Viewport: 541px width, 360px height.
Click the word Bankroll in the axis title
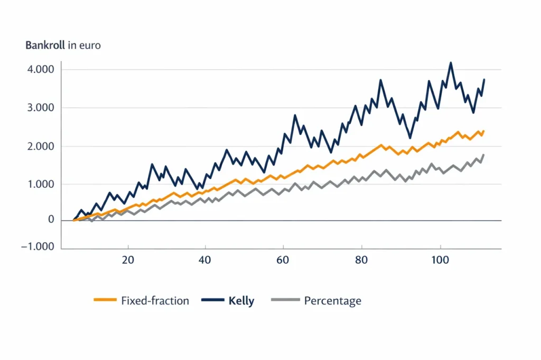point(45,45)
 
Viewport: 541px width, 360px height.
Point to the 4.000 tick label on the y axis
point(41,69)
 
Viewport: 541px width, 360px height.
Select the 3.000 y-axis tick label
point(41,108)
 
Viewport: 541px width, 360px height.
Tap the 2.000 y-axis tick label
point(41,146)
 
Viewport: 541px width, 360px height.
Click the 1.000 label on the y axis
point(41,184)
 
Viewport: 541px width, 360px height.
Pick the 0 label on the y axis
point(51,219)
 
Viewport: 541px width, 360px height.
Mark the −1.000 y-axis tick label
point(38,247)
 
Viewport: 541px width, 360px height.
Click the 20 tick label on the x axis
point(128,260)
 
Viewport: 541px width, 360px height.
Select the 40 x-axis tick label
point(205,260)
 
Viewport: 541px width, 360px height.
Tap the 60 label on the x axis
point(283,260)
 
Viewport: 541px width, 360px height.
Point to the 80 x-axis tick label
point(361,260)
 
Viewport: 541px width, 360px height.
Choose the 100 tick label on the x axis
point(440,260)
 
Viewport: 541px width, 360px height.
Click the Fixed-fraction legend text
point(155,301)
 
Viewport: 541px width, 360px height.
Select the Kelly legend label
point(241,301)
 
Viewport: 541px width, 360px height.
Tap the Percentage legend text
point(333,301)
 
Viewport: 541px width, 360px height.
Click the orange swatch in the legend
point(105,300)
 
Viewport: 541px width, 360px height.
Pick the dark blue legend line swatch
point(213,300)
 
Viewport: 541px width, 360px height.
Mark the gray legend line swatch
point(285,300)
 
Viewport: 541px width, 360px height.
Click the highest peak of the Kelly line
point(451,63)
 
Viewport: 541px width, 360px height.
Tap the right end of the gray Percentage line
point(484,155)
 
